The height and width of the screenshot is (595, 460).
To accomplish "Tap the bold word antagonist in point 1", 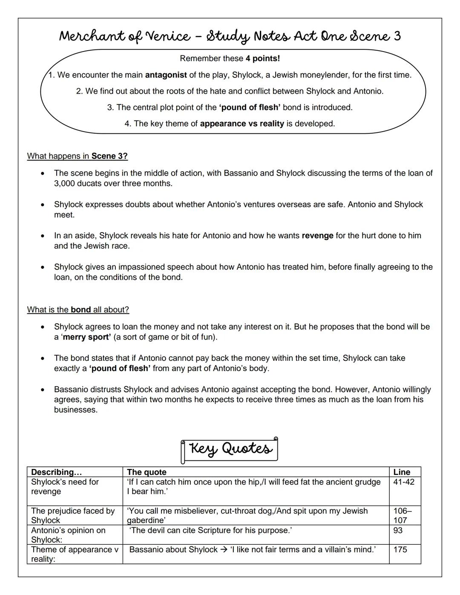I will (166, 75).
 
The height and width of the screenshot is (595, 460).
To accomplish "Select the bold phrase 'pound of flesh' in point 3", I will (250, 107).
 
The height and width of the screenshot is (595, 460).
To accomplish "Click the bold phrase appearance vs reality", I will (241, 124).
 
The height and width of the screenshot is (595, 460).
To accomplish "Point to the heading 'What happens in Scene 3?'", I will (77, 156).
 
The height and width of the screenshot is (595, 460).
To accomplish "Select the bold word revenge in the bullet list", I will (317, 236).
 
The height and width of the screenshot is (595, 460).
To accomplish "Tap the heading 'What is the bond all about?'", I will (78, 310).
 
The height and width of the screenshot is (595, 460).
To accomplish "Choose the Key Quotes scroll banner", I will (230, 449).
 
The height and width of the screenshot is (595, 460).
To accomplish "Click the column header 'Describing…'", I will (56, 472).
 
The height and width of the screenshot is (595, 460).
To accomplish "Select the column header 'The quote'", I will (147, 472).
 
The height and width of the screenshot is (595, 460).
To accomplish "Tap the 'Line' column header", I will (402, 472).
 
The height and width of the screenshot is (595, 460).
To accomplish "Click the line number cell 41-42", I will (403, 482).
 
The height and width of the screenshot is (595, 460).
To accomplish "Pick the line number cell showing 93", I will (398, 530).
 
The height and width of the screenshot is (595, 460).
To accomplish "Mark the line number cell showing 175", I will (400, 549).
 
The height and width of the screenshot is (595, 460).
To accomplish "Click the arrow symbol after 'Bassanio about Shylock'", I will (224, 549).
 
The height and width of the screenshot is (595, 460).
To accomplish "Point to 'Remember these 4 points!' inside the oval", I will (230, 58).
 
